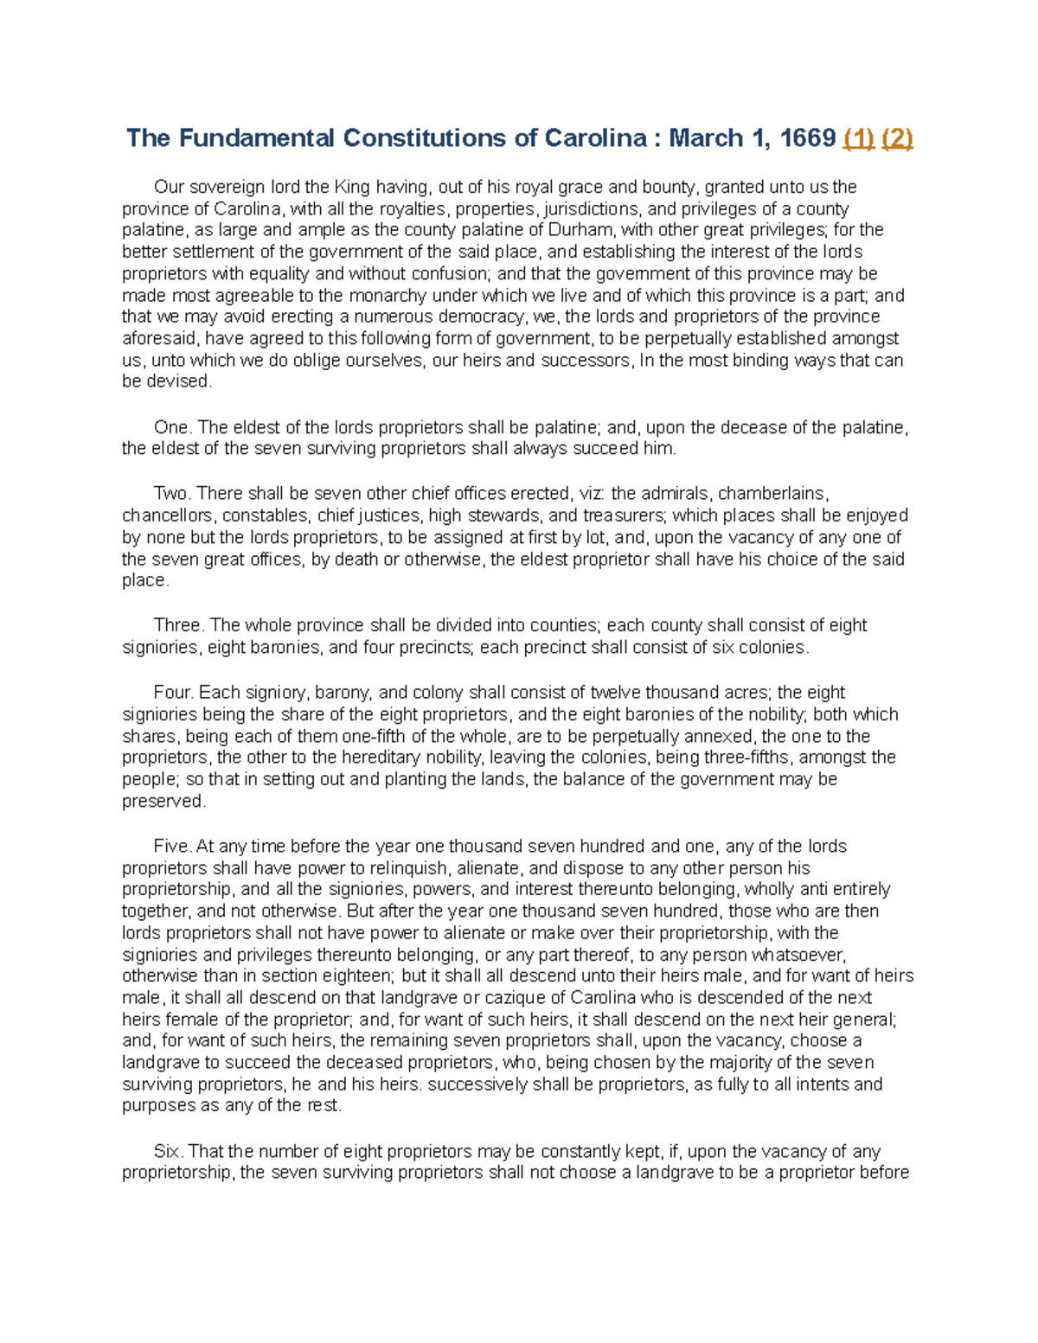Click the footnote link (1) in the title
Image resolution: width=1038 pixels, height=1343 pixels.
tap(859, 138)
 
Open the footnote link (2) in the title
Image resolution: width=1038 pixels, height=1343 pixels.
tap(897, 138)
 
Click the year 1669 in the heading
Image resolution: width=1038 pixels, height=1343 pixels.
tap(807, 138)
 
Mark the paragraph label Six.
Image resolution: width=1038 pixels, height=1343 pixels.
tap(167, 1151)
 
